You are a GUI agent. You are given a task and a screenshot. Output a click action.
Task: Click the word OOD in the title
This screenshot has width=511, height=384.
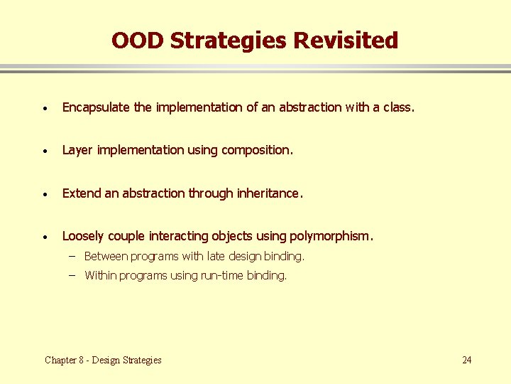[x=138, y=41]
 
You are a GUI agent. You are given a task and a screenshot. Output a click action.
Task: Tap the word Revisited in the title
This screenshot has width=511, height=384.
[x=346, y=41]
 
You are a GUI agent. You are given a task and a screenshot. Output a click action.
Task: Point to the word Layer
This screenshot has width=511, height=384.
[x=78, y=150]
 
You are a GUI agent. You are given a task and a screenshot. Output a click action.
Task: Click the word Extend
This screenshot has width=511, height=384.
[x=82, y=193]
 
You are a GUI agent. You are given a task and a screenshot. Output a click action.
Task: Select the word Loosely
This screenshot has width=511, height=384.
[x=83, y=235]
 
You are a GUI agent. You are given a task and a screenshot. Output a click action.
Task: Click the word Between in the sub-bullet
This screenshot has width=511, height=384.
[x=106, y=256]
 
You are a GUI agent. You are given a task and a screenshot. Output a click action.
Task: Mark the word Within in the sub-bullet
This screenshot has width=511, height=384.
[x=100, y=276]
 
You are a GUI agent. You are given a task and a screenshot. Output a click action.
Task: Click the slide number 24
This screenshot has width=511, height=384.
[x=466, y=360]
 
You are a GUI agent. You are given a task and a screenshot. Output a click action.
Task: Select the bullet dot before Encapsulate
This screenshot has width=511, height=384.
[x=45, y=108]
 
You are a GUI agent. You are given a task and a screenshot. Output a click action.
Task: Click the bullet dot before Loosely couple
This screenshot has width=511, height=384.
[x=45, y=236]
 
